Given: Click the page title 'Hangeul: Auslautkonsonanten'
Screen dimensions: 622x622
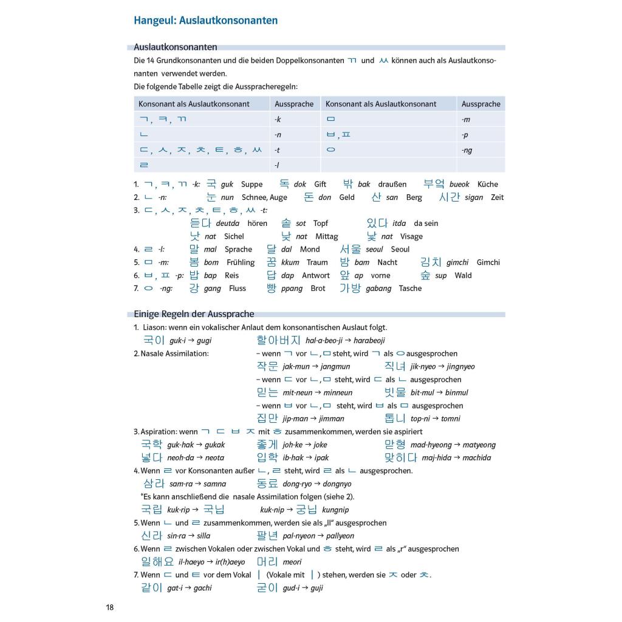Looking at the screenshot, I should point(206,21).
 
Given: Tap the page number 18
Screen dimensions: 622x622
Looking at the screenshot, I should point(109,607).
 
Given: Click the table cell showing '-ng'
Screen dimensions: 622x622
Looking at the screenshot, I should point(466,150).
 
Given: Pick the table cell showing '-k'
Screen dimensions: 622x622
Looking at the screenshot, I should point(278,120).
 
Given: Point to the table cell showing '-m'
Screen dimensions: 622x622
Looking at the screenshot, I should point(466,120).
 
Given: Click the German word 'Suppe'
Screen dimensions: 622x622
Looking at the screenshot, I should point(252,185).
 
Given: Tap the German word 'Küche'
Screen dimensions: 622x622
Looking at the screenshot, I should point(488,185).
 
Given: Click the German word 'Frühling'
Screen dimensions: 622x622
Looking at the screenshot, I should point(241,262).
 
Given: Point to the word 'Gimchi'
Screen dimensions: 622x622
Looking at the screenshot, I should point(488,262).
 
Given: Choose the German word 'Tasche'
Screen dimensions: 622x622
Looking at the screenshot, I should point(410,289).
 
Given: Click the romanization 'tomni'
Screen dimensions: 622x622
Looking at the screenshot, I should point(451,419).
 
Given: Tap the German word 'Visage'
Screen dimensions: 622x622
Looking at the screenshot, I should point(411,237).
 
